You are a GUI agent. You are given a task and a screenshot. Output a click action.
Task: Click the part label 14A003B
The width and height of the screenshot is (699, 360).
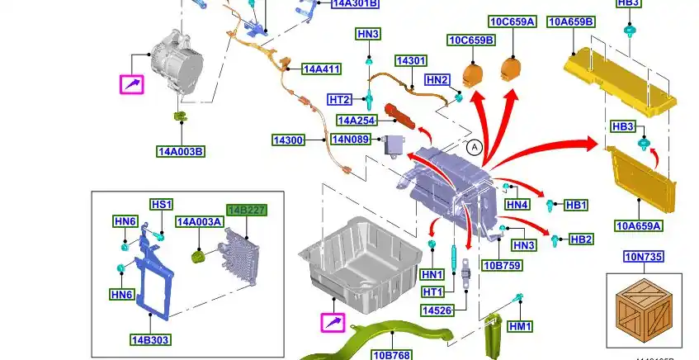tap(181, 151)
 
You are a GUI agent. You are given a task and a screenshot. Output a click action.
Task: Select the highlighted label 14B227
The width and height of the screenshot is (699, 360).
tap(246, 211)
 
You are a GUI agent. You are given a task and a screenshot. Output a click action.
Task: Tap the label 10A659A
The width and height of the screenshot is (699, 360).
tap(639, 225)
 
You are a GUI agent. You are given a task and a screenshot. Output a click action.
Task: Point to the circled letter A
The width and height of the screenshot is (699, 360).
tap(474, 148)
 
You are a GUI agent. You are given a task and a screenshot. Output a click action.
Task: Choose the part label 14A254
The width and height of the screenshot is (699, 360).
tap(357, 121)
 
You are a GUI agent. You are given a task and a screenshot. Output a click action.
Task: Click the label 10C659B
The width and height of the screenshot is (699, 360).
tap(471, 40)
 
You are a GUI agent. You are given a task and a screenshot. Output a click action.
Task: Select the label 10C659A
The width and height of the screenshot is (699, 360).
tap(512, 21)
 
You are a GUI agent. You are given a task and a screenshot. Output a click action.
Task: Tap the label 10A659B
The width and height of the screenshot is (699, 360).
tap(570, 21)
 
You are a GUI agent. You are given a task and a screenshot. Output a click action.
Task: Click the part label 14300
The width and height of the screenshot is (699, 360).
tap(289, 140)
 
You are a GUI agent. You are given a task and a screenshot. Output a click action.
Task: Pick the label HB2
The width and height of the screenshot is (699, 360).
tap(581, 239)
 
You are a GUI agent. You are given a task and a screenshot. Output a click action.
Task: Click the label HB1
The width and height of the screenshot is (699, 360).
tap(575, 205)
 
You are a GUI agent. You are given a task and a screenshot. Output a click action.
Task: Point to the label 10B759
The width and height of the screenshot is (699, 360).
tap(502, 265)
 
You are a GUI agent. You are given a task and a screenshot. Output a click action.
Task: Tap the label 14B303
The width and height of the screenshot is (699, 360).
tap(150, 339)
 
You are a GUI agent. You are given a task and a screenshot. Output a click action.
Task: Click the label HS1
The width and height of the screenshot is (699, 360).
tap(161, 205)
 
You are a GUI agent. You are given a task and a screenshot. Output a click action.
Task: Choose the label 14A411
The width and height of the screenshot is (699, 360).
tap(321, 69)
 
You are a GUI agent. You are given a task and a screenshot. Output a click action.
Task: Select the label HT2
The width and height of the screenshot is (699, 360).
tap(340, 100)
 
